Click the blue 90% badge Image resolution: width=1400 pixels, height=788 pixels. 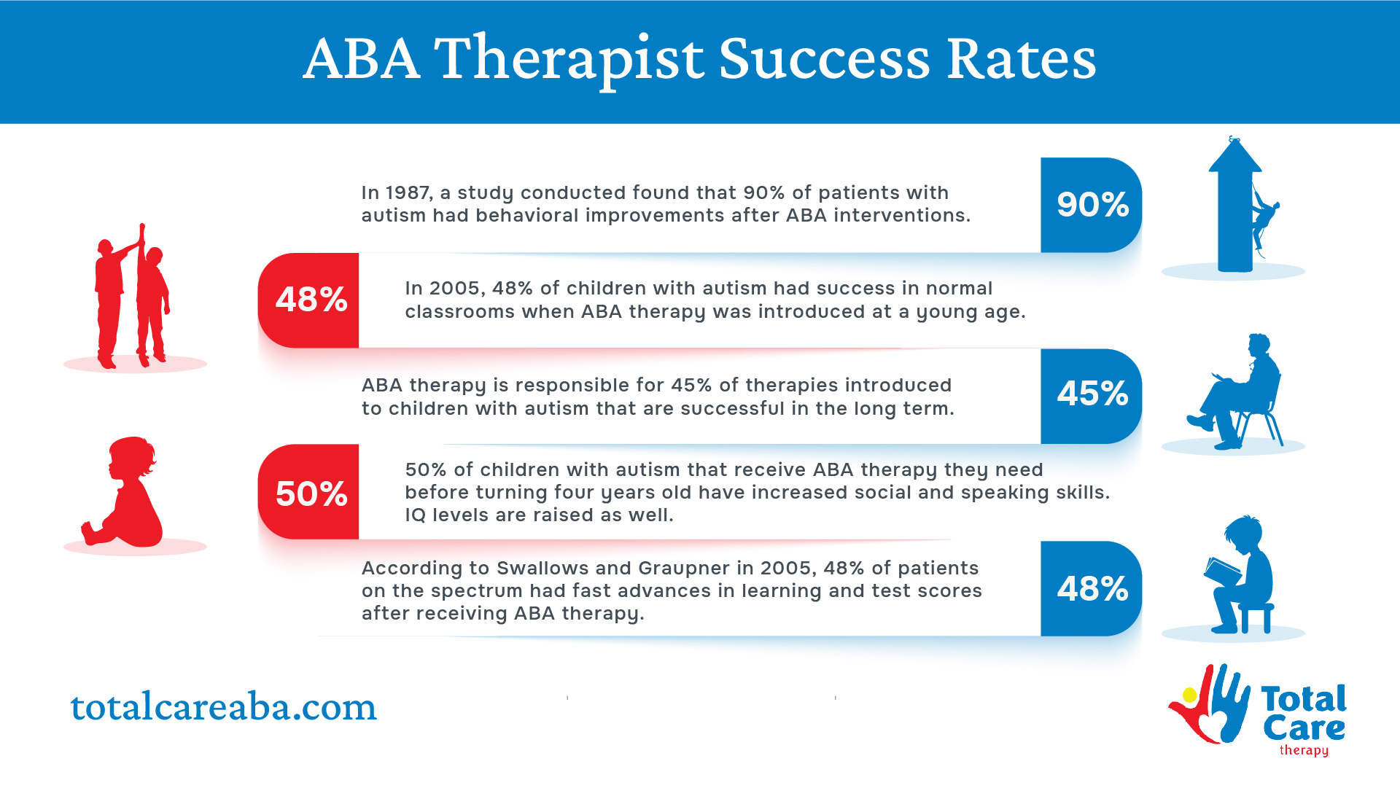point(1091,205)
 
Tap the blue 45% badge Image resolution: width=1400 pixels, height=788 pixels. point(1091,396)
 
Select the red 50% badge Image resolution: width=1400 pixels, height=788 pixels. point(308,492)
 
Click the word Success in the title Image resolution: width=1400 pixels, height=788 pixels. point(824,58)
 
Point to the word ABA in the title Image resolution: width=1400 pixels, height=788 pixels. point(361,58)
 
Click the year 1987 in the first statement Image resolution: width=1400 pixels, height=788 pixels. point(408,192)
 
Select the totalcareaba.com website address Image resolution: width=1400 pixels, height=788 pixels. point(223,706)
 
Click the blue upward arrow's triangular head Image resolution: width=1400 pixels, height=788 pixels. point(1234,155)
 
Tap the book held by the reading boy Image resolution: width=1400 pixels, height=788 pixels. point(1222,571)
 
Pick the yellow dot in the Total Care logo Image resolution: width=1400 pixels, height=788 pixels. point(1190,695)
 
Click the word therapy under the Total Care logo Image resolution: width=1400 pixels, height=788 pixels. point(1304,750)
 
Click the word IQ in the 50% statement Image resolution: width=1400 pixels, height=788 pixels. point(416,515)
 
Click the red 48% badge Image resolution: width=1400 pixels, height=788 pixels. point(308,300)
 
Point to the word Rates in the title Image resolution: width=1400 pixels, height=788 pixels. point(1022,58)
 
